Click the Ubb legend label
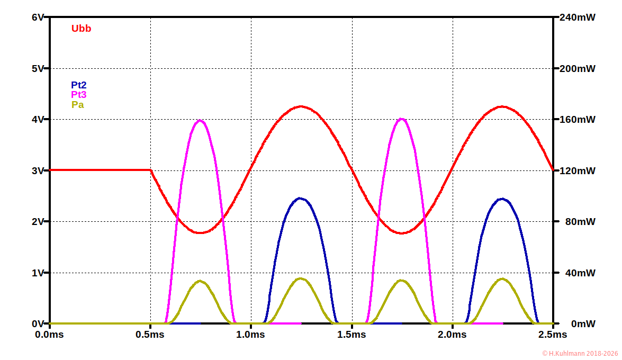(81, 29)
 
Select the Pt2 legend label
(79, 85)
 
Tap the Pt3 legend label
(79, 95)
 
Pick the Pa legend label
(77, 105)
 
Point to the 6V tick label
(38, 17)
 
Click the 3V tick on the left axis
(38, 170)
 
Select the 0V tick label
(38, 323)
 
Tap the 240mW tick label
(577, 17)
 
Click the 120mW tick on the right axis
(577, 170)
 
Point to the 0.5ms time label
(150, 335)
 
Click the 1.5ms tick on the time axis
(351, 335)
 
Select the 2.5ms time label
(553, 335)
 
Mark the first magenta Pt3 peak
(200, 120)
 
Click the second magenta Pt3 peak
(402, 119)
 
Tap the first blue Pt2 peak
(301, 199)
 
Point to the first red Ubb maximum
(301, 106)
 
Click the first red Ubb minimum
(200, 232)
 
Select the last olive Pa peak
(502, 278)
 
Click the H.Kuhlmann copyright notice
(580, 353)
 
